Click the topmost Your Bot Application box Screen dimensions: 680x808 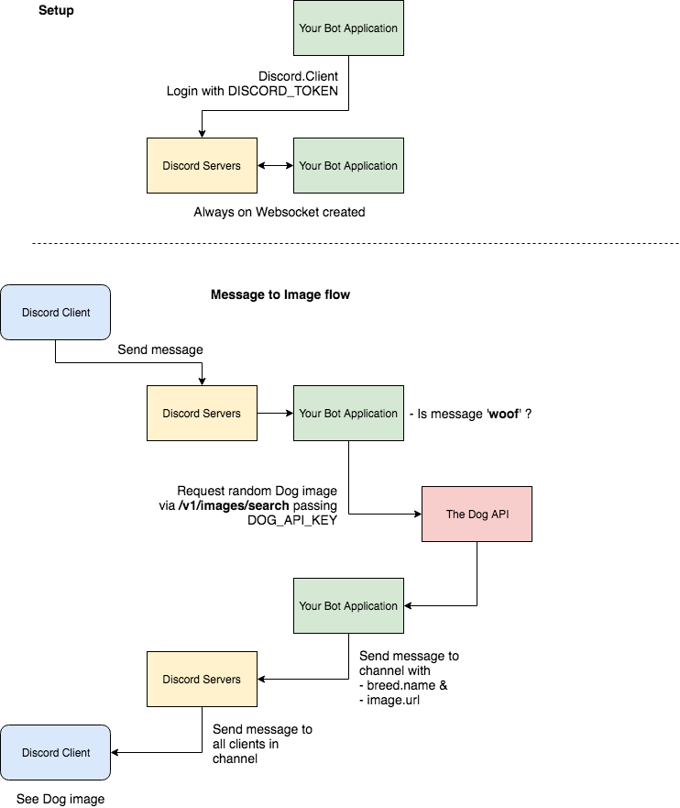(x=348, y=28)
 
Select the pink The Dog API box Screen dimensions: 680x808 (x=477, y=514)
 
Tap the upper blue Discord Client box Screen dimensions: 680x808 (x=55, y=312)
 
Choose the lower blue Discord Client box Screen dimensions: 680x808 (x=55, y=752)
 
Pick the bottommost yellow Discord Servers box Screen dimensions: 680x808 (x=202, y=679)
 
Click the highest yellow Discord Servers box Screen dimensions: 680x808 (x=202, y=165)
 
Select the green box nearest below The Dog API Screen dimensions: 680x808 (x=348, y=605)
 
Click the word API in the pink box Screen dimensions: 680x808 (x=500, y=515)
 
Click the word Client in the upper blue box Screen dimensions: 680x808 (x=75, y=313)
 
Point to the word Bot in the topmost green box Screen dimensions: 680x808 (x=335, y=28)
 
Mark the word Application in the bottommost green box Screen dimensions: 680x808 (x=372, y=606)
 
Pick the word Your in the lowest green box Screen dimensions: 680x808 (x=311, y=606)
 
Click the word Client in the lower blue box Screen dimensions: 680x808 (x=75, y=753)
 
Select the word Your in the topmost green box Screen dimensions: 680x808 (x=311, y=28)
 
